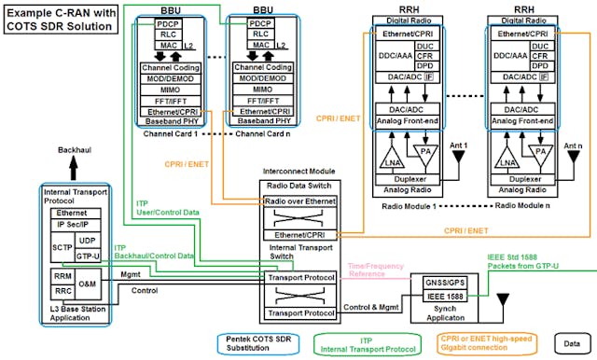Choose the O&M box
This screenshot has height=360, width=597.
click(88, 284)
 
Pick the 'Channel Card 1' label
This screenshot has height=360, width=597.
click(167, 134)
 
